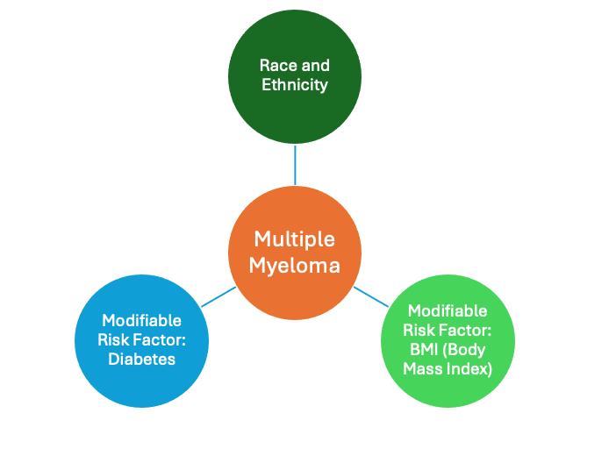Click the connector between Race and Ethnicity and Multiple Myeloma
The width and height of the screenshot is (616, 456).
point(295,164)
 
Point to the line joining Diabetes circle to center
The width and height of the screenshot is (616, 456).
point(218,296)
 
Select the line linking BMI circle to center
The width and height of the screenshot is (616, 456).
point(370,295)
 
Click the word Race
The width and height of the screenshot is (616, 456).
point(277,65)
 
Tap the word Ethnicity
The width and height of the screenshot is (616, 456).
point(295,85)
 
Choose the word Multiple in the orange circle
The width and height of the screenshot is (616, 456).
point(295,239)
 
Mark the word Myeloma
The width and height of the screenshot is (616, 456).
point(295,264)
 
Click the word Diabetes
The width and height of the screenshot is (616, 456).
point(141,359)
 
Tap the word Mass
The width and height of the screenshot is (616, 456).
point(422,368)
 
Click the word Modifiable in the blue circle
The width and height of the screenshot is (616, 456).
point(141,320)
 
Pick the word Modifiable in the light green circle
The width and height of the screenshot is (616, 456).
point(448,310)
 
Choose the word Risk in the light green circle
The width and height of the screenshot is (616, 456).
point(419,330)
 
